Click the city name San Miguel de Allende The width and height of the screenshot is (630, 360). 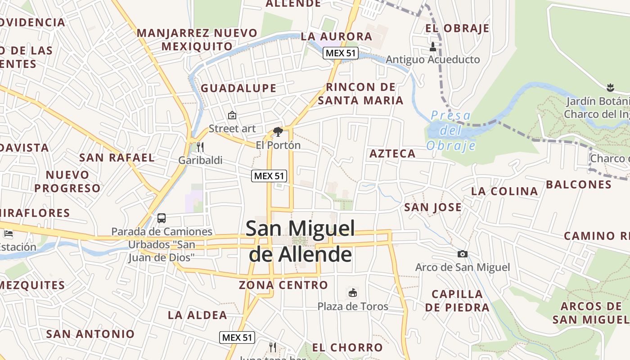pyautogui.click(x=300, y=241)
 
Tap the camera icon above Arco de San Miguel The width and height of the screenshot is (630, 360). pyautogui.click(x=462, y=254)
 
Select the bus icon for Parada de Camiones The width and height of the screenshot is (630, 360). pyautogui.click(x=162, y=218)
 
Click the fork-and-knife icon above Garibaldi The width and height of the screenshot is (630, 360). pyautogui.click(x=200, y=147)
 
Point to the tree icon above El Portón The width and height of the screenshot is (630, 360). pyautogui.click(x=278, y=131)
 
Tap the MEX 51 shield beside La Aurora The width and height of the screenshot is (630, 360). pyautogui.click(x=341, y=53)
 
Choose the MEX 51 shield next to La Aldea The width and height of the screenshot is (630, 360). pyautogui.click(x=238, y=337)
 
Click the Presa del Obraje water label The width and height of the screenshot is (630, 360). pyautogui.click(x=451, y=130)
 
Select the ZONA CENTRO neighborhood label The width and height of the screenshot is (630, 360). pyautogui.click(x=283, y=285)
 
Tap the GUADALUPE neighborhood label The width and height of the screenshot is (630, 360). pyautogui.click(x=238, y=88)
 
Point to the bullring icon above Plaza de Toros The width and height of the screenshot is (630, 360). pyautogui.click(x=353, y=293)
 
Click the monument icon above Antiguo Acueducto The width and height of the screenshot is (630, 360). pyautogui.click(x=433, y=46)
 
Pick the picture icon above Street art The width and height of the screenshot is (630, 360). pyautogui.click(x=232, y=116)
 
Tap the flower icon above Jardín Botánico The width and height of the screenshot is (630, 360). pyautogui.click(x=610, y=87)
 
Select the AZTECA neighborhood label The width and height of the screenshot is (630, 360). pyautogui.click(x=392, y=154)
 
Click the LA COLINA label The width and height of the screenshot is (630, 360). pyautogui.click(x=504, y=191)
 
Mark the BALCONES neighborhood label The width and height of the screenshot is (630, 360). pyautogui.click(x=579, y=184)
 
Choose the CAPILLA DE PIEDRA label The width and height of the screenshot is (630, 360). pyautogui.click(x=457, y=301)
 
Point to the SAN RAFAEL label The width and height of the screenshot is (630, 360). pyautogui.click(x=117, y=158)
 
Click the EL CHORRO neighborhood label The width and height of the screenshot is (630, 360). pyautogui.click(x=347, y=347)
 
